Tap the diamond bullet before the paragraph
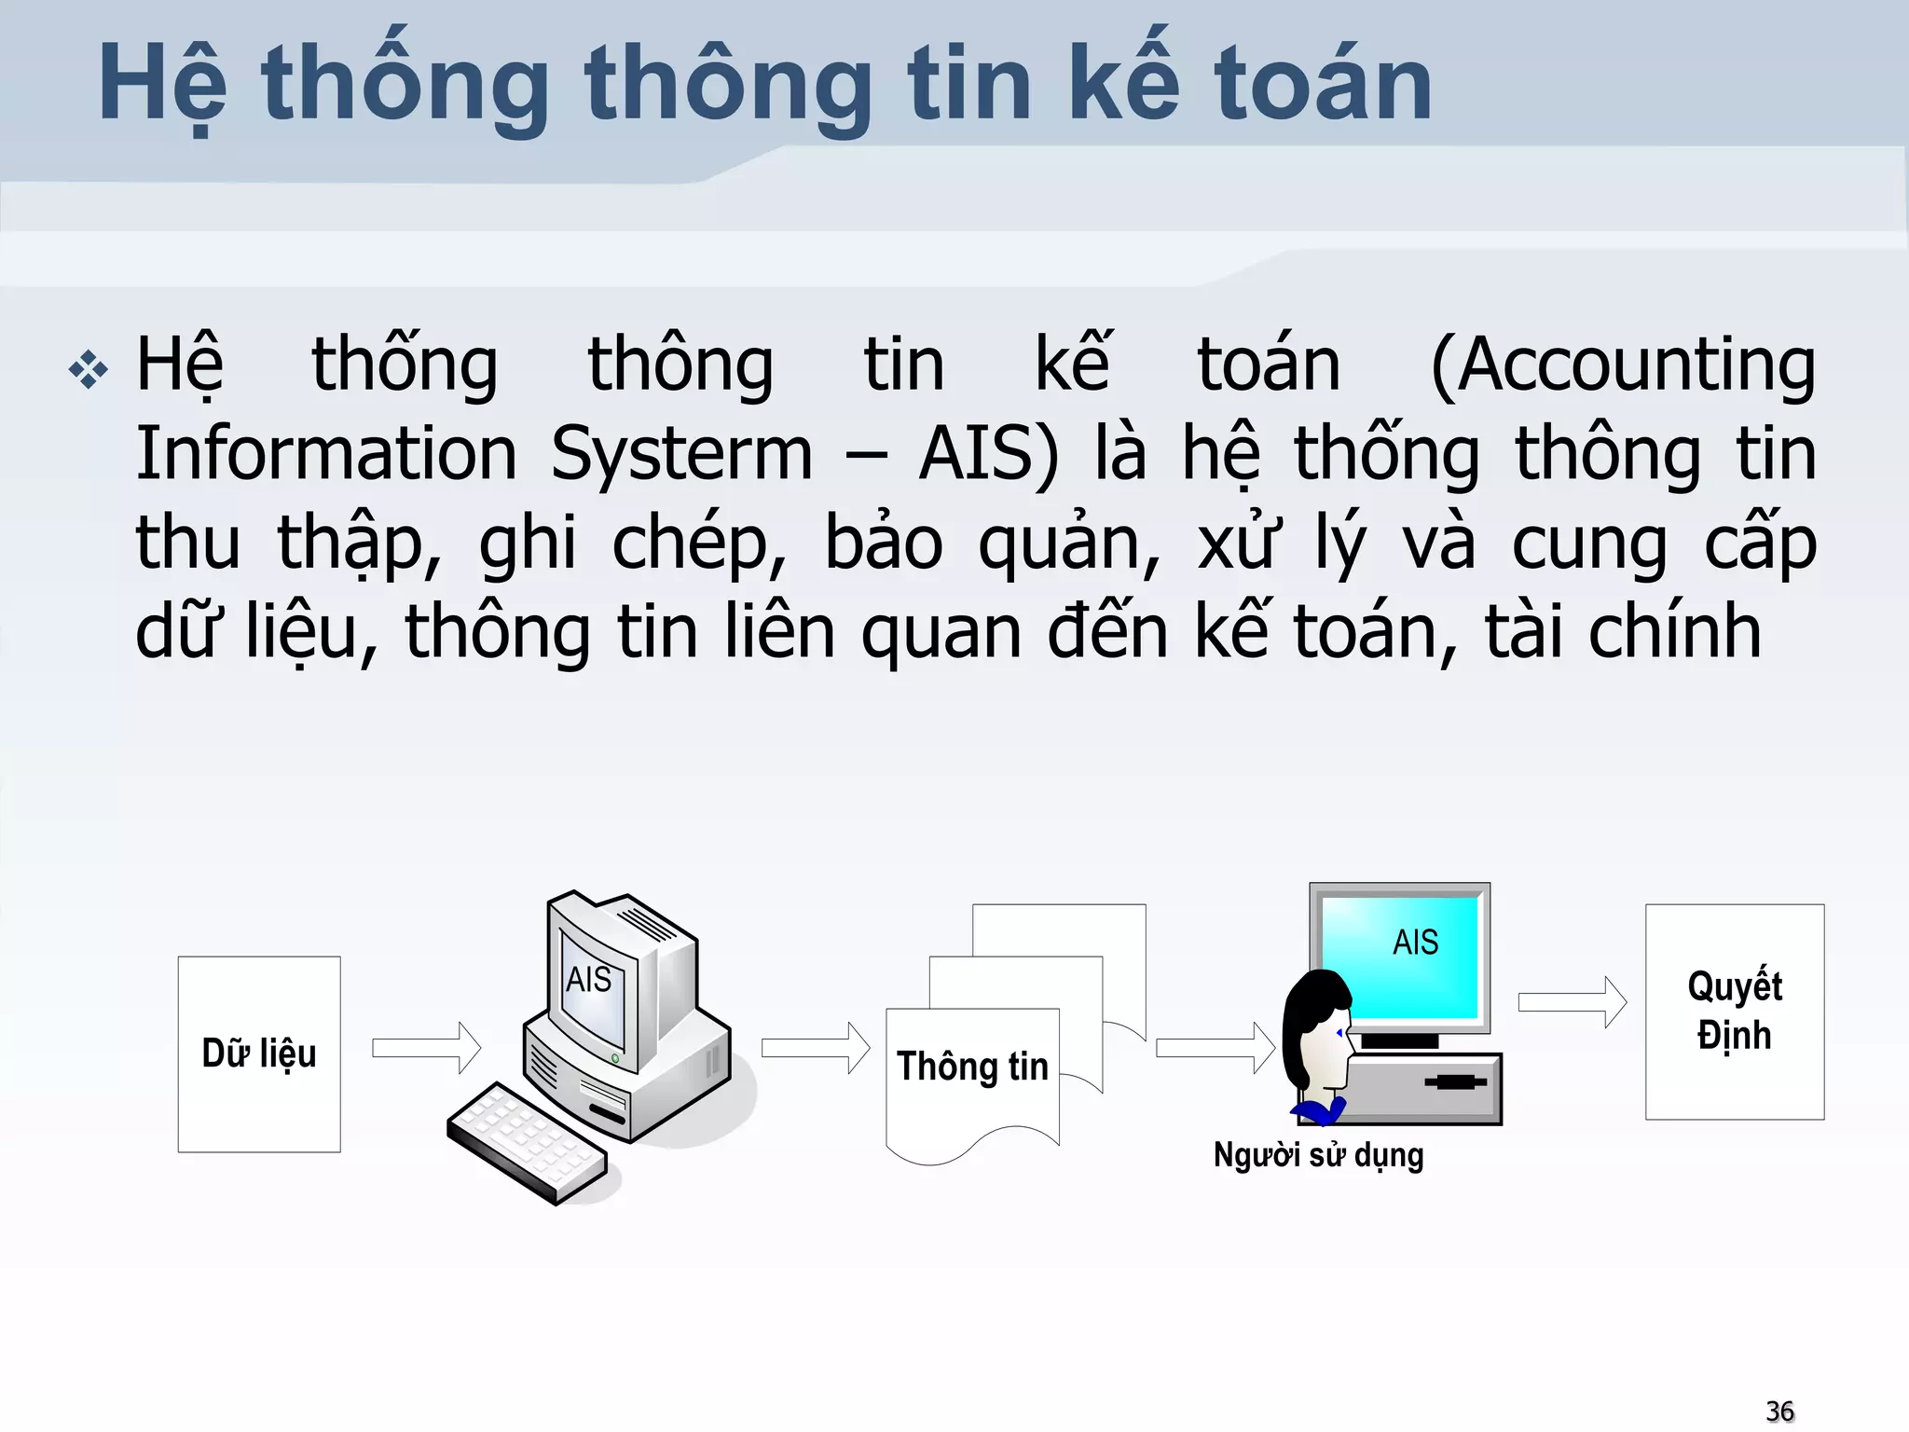89,370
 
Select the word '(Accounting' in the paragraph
1622,366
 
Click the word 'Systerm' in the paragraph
681,455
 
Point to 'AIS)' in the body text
988,455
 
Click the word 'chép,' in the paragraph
699,544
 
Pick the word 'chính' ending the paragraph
1674,632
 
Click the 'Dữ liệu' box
259,1054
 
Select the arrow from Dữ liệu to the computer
426,1048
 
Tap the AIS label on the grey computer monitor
589,980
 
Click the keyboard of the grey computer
528,1143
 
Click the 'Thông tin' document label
972,1067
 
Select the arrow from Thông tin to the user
1215,1048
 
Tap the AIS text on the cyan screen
1415,943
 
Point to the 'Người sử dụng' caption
1318,1155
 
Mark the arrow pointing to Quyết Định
1573,1002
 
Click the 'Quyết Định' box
1735,1012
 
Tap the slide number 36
1779,1411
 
